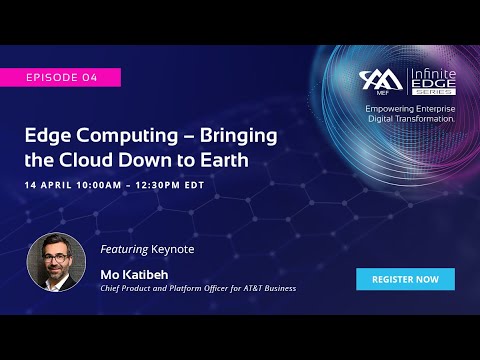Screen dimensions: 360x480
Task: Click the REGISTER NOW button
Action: coord(405,279)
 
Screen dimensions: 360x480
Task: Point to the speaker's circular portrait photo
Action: coord(56,263)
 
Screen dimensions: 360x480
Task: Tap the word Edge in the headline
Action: coord(48,137)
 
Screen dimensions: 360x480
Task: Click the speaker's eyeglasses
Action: coord(55,252)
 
